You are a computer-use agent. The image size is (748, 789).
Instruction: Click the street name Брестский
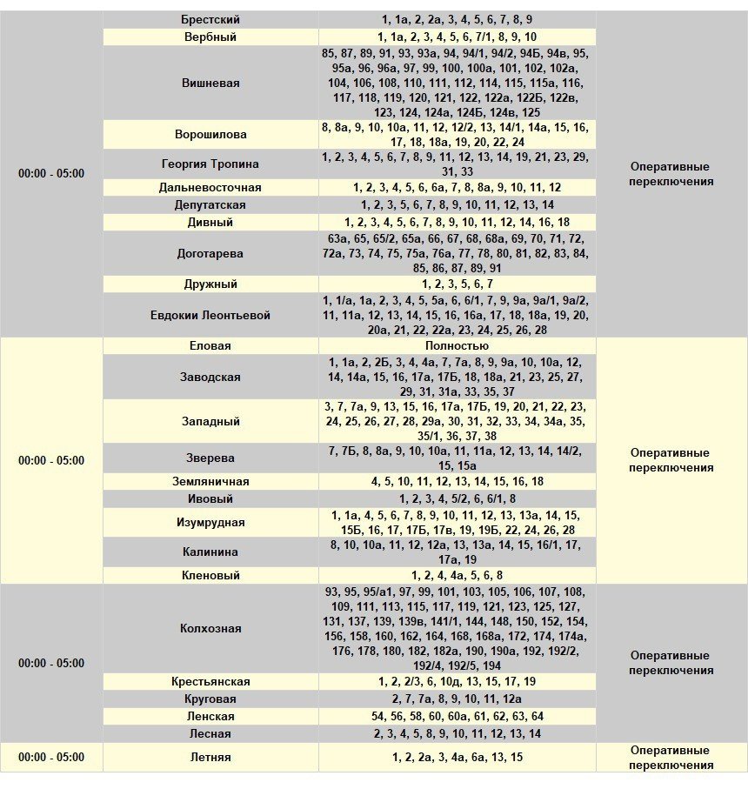(x=210, y=19)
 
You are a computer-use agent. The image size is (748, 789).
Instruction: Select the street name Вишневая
(x=210, y=84)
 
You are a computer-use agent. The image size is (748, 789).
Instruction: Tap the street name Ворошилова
(x=210, y=135)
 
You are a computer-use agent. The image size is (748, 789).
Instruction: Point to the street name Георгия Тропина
(x=210, y=164)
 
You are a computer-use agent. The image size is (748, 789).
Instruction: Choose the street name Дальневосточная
(x=210, y=188)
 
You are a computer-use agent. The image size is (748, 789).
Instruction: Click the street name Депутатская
(x=210, y=205)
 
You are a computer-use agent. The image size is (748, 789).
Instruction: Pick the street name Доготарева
(x=210, y=254)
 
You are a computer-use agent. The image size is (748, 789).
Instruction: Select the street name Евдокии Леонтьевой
(x=210, y=315)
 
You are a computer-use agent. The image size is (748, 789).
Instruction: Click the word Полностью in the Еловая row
(x=457, y=346)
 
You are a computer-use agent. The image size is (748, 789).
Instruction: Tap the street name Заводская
(x=210, y=378)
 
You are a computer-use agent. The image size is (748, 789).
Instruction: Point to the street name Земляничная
(x=210, y=482)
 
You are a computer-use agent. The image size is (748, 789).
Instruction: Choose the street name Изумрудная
(x=210, y=523)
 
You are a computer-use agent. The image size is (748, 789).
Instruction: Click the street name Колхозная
(x=210, y=628)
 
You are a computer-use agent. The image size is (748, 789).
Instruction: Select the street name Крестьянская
(x=210, y=682)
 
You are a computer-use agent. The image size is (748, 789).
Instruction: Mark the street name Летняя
(x=210, y=758)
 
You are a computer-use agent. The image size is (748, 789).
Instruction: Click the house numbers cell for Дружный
(x=457, y=284)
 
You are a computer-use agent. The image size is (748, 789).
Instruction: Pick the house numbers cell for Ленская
(x=457, y=717)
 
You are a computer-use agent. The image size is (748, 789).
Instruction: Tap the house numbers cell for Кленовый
(x=457, y=576)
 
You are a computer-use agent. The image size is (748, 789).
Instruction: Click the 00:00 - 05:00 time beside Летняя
(x=51, y=758)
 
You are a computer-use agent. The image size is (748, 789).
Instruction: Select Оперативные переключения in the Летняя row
(x=671, y=758)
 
